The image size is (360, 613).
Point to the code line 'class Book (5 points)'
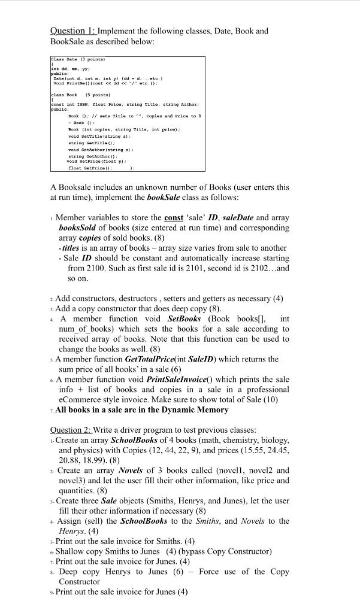[x=73, y=95]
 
